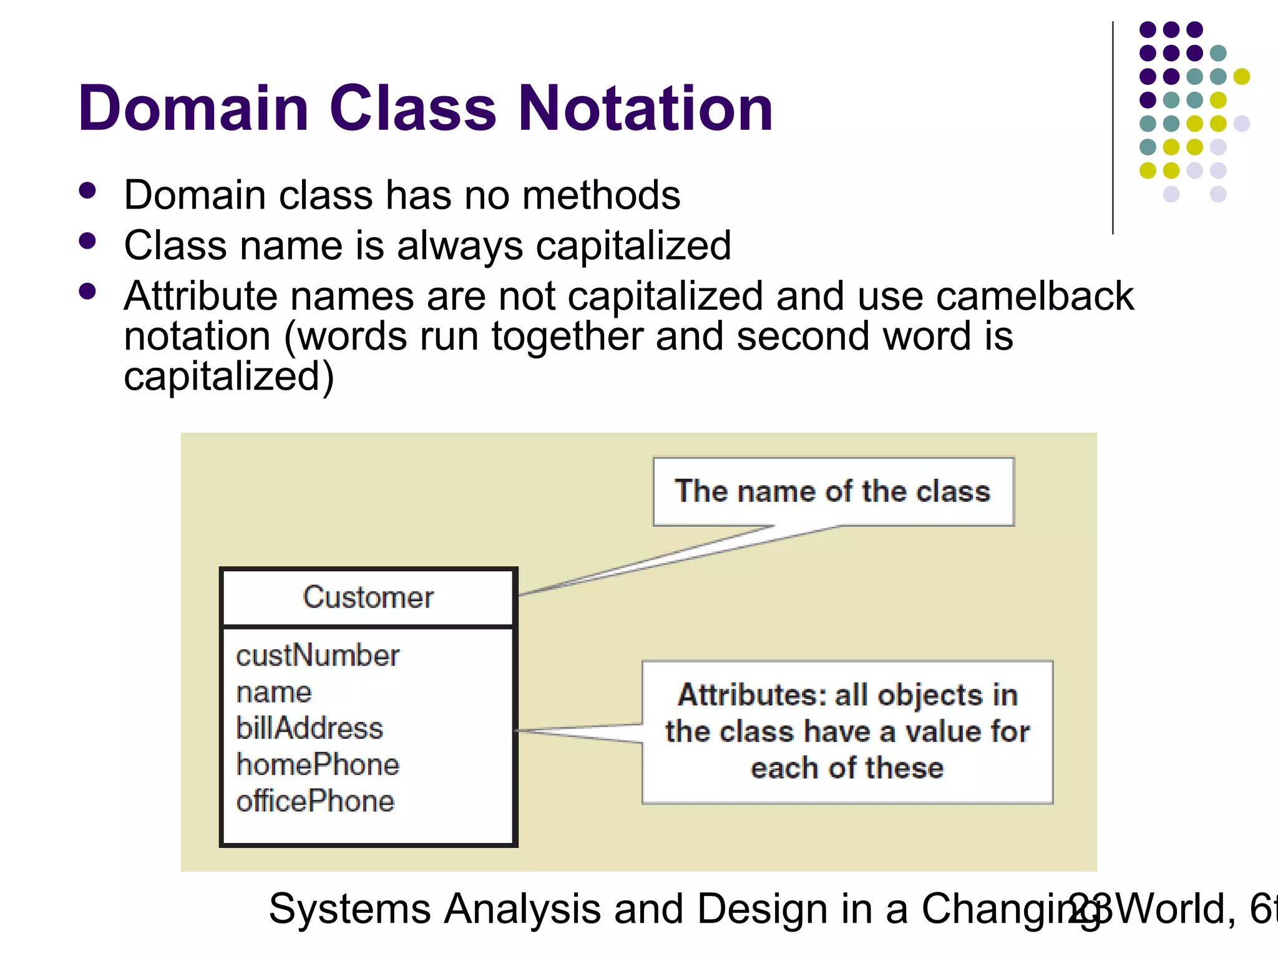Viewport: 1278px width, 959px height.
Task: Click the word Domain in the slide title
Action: point(193,109)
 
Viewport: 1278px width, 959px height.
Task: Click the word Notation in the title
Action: point(646,109)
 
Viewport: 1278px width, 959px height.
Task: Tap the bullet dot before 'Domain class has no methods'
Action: point(88,190)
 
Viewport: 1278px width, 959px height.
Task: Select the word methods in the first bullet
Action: point(601,195)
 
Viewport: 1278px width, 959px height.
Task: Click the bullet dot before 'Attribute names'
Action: point(88,292)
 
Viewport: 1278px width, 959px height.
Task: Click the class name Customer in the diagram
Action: point(368,598)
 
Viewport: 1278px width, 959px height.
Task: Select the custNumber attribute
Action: point(317,656)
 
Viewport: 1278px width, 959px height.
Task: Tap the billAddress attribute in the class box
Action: point(310,729)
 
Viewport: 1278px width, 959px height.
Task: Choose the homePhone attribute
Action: point(317,765)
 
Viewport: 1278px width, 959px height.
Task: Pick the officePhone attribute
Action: point(315,802)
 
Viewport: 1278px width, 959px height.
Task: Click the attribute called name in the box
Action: point(273,692)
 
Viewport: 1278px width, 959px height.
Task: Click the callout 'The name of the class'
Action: point(832,491)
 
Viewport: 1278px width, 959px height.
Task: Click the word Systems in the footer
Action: point(349,909)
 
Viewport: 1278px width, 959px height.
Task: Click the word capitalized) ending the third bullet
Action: point(228,377)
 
